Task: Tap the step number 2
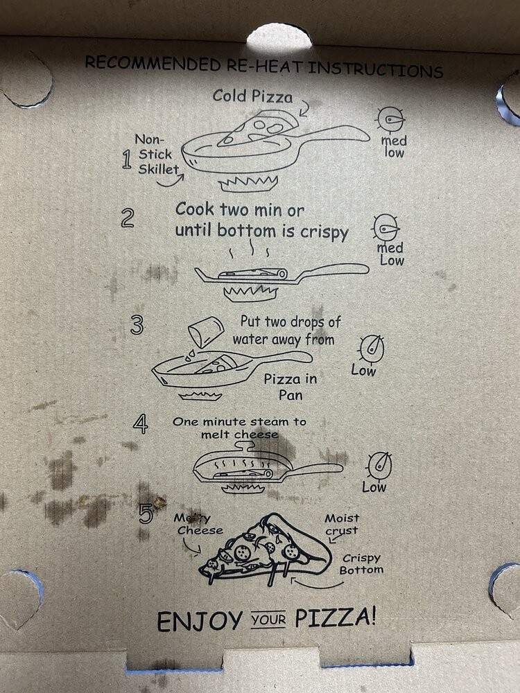(x=127, y=218)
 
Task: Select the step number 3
(x=137, y=325)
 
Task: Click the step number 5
(x=146, y=514)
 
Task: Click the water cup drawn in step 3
(x=206, y=335)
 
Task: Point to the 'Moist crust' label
(x=343, y=524)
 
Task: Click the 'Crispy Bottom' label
(x=361, y=564)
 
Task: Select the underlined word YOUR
(x=268, y=619)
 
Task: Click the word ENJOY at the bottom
(x=198, y=620)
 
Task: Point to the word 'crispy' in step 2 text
(x=324, y=233)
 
